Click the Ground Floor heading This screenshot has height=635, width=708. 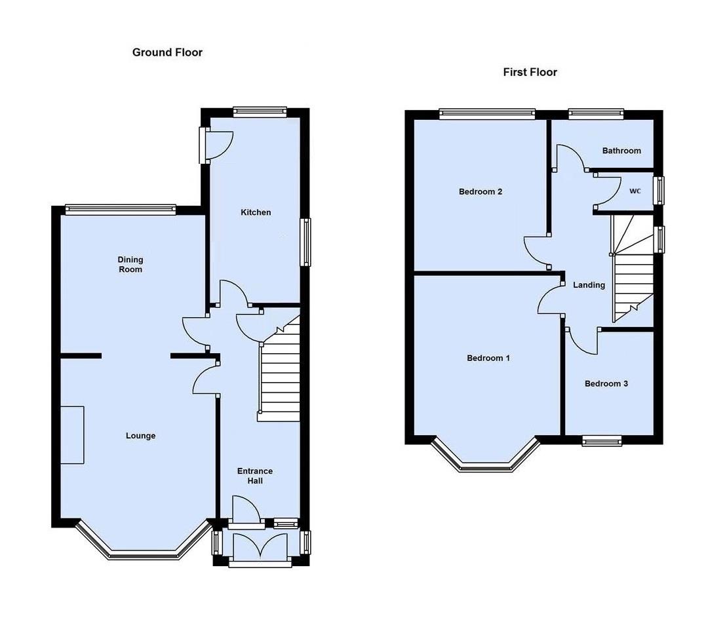click(167, 52)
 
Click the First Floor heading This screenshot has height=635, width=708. click(530, 72)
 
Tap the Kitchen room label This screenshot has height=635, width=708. click(256, 212)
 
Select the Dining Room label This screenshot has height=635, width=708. click(130, 265)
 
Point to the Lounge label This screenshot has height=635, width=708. click(141, 436)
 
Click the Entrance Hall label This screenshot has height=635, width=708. click(255, 476)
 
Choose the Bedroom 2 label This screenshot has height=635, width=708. click(481, 192)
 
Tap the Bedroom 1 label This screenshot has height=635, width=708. click(488, 358)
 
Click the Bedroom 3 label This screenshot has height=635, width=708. click(606, 383)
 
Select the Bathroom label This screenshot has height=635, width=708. click(621, 151)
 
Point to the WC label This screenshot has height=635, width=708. click(635, 191)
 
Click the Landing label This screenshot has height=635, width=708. click(589, 285)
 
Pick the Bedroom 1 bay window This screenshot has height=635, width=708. click(486, 466)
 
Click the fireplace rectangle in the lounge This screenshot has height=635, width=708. click(73, 434)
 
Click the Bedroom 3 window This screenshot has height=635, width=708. click(602, 441)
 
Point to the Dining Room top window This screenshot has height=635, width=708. click(121, 210)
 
